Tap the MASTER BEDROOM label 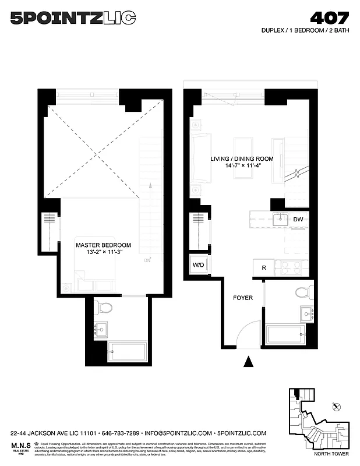tap(103, 245)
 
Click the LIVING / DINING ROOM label tap(236, 158)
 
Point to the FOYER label tap(243, 298)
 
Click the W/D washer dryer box tap(198, 266)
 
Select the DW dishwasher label tap(298, 220)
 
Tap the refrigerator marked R tap(264, 268)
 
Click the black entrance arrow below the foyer tap(249, 362)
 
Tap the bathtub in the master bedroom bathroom tap(128, 352)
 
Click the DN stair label tap(147, 260)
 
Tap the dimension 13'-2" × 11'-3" tap(103, 253)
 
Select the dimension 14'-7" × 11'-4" tap(236, 165)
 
